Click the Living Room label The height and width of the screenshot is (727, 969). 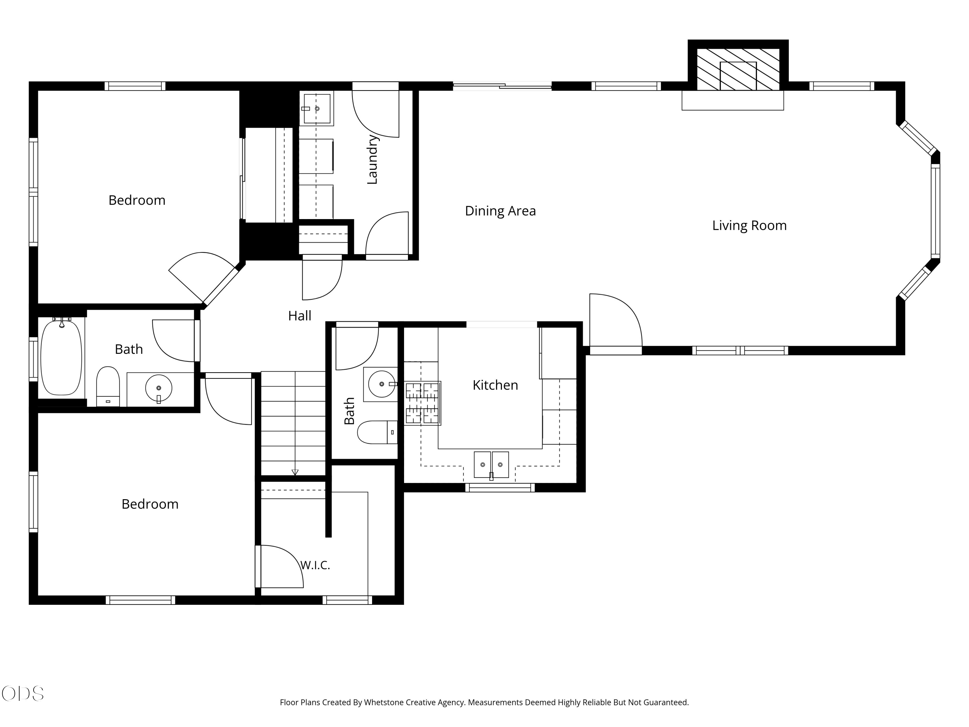pyautogui.click(x=749, y=226)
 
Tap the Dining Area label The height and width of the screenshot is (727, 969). pyautogui.click(x=500, y=211)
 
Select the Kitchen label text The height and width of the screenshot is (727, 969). pyautogui.click(x=495, y=385)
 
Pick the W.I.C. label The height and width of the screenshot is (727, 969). pyautogui.click(x=315, y=565)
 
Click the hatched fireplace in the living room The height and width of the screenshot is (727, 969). pyautogui.click(x=738, y=69)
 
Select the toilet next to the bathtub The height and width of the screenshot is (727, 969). pyautogui.click(x=108, y=386)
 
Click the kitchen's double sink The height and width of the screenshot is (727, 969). pyautogui.click(x=491, y=465)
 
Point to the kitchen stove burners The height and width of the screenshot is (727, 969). pyautogui.click(x=422, y=403)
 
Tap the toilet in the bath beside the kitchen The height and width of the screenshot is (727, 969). pyautogui.click(x=377, y=433)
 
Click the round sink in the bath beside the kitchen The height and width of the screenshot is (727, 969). pyautogui.click(x=381, y=384)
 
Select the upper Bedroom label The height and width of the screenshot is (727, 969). pyautogui.click(x=137, y=200)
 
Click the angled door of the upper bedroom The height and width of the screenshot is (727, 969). pyautogui.click(x=204, y=278)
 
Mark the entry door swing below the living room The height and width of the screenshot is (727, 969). pyautogui.click(x=616, y=322)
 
